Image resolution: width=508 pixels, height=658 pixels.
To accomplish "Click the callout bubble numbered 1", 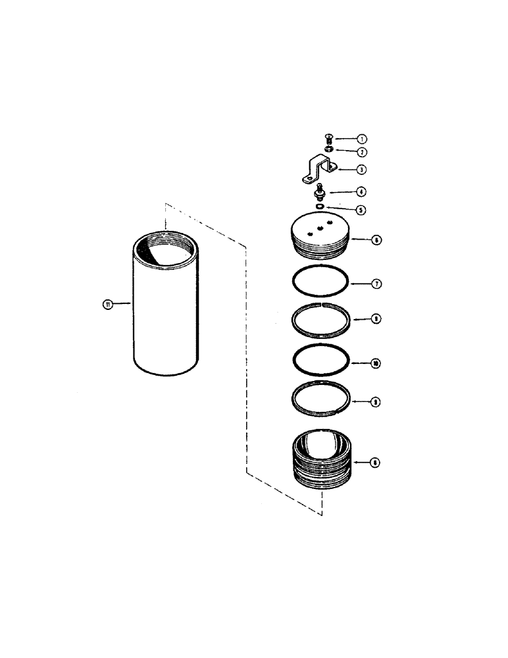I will point(361,139).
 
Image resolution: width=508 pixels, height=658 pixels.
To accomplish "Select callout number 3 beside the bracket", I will point(361,169).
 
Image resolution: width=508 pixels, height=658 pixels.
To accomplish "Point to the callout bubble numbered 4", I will point(361,192).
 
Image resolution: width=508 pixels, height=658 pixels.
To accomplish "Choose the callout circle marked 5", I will point(361,210).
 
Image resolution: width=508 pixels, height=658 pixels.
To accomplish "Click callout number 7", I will point(376,284).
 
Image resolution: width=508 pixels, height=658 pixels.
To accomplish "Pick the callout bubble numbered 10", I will point(376,363).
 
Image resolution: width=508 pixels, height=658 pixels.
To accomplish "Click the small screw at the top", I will point(329,138).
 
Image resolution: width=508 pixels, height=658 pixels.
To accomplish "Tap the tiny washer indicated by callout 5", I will point(319,207).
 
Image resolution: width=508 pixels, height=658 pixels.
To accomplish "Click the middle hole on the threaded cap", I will point(320,228).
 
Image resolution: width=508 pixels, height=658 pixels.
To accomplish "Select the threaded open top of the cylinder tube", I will point(165,250).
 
